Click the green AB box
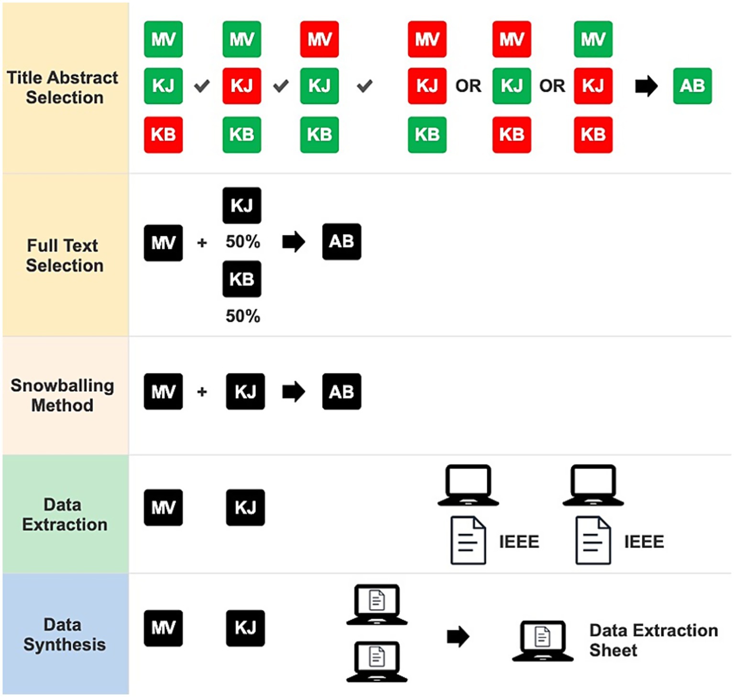(x=692, y=86)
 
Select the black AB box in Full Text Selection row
(x=341, y=242)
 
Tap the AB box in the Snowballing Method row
(x=341, y=392)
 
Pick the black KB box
(x=242, y=279)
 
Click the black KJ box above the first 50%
(x=242, y=206)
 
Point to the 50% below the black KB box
(x=243, y=316)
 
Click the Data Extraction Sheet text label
(x=653, y=640)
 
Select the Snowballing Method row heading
(x=63, y=395)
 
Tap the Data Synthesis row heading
(x=65, y=634)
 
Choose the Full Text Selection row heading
(x=65, y=255)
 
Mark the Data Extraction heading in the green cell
(x=65, y=514)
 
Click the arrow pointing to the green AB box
(x=646, y=87)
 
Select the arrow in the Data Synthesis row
(x=458, y=637)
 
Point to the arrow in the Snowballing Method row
(x=293, y=392)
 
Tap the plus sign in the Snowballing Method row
(x=202, y=392)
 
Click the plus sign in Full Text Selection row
(x=202, y=243)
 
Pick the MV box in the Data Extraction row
(x=163, y=508)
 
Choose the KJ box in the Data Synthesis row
(x=245, y=628)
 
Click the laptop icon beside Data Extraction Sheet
(x=542, y=641)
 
